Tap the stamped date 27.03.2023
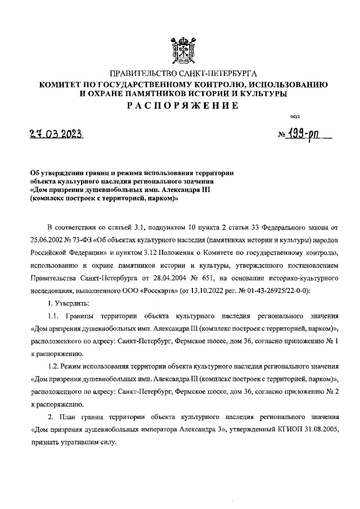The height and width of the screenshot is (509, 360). pos(56,135)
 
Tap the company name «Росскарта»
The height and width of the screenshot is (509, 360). pos(197,291)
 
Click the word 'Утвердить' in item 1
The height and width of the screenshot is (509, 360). pos(72,304)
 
